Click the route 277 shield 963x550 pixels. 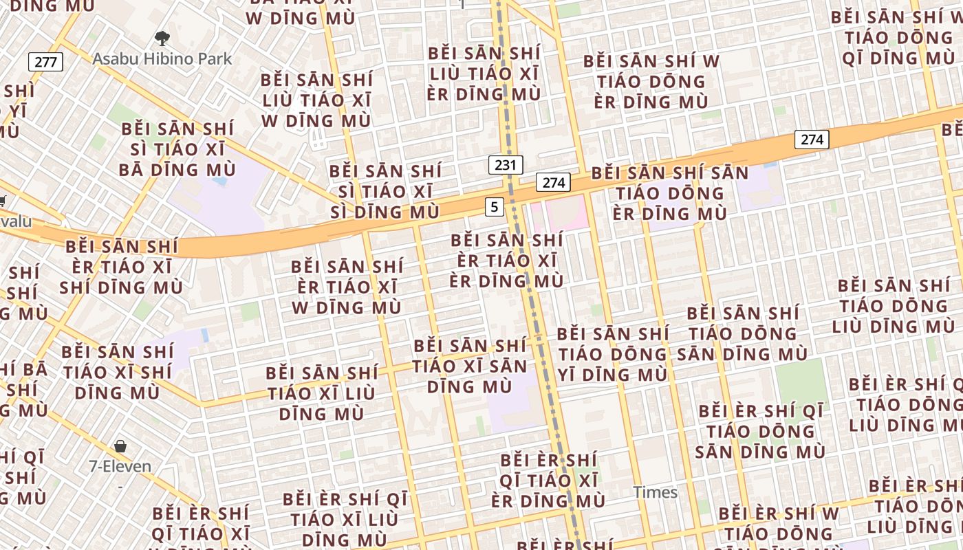45,62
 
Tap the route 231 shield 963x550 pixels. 506,165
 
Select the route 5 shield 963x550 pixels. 494,206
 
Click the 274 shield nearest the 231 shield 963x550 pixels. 554,182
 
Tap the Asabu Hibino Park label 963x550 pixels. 162,58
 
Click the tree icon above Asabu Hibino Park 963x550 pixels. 162,38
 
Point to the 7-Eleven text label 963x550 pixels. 120,466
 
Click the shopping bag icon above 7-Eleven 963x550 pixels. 120,446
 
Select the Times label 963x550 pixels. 656,492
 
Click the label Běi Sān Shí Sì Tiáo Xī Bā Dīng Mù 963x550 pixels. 177,149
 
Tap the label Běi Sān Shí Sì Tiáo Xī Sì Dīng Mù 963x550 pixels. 385,192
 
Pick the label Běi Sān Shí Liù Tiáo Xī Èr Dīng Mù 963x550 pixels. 484,74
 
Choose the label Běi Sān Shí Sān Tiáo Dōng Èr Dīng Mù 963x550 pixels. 670,193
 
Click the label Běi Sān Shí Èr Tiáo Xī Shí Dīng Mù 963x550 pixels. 121,267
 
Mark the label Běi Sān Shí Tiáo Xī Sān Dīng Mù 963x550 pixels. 470,366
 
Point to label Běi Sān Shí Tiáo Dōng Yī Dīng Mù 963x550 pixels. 612,354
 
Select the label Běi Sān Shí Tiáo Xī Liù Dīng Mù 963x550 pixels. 321,393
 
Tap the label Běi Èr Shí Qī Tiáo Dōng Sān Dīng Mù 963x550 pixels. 760,431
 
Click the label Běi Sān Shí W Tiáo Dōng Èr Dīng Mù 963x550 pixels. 651,82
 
